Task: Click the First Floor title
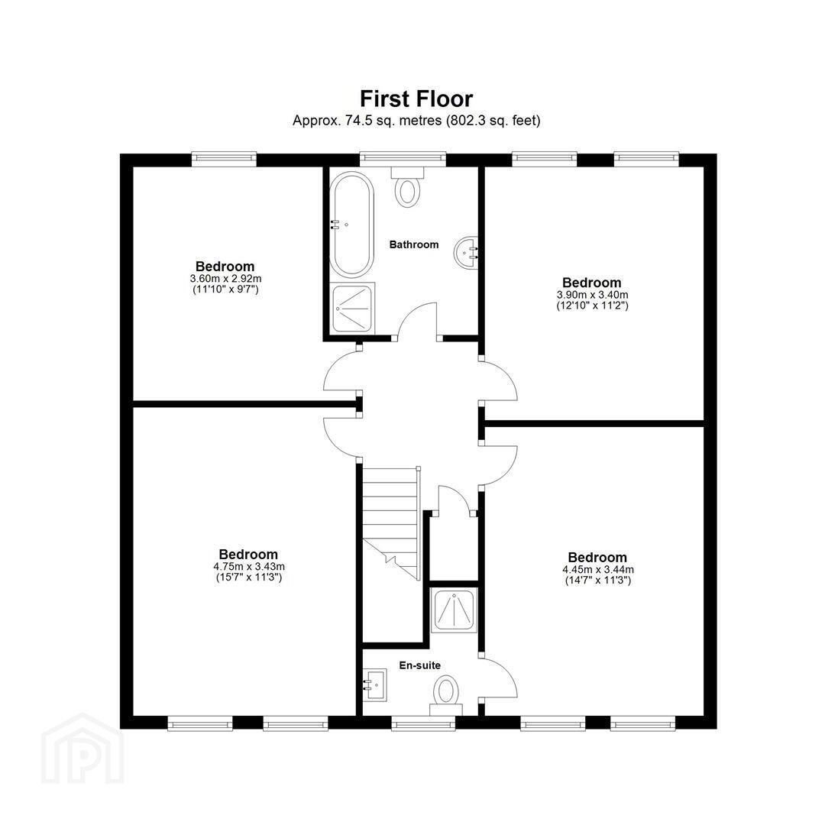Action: (x=416, y=99)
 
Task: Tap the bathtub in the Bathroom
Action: (x=351, y=225)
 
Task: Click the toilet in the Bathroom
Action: (x=408, y=187)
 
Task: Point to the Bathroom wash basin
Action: (x=466, y=253)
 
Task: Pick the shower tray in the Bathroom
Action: (x=353, y=308)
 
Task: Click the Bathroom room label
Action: (x=413, y=244)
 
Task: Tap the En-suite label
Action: (x=420, y=665)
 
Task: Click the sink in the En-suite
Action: (x=375, y=684)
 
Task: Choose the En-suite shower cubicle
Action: (x=454, y=610)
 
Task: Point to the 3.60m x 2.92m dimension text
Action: (x=225, y=278)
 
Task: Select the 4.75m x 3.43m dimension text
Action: (x=249, y=567)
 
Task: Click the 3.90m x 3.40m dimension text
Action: (x=593, y=295)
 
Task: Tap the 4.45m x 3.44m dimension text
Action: (x=598, y=569)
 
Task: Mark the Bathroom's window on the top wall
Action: (x=403, y=159)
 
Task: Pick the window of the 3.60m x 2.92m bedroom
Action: (x=224, y=159)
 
